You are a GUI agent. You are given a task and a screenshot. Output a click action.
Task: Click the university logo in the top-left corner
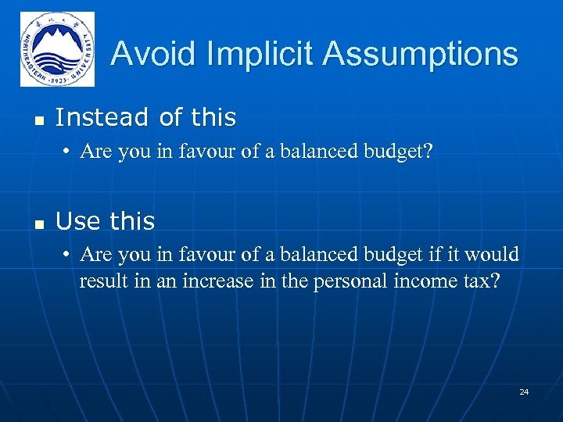[57, 49]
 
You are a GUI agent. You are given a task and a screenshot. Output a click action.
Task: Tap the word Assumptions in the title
[420, 54]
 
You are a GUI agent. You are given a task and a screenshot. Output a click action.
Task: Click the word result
[101, 281]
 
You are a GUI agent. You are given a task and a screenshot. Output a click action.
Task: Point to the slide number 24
[524, 391]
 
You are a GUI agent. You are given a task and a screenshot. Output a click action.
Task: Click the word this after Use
[132, 222]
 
